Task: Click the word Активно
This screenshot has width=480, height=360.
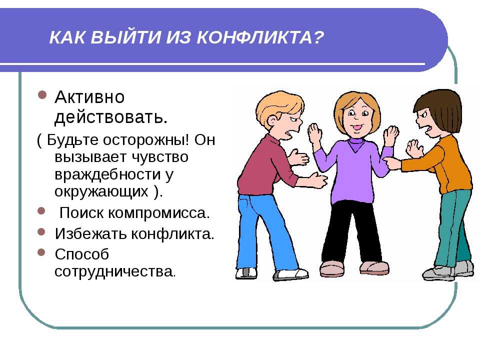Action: pyautogui.click(x=89, y=97)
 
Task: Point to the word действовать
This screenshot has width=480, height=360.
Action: pyautogui.click(x=111, y=117)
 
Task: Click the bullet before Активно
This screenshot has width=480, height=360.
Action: pyautogui.click(x=42, y=94)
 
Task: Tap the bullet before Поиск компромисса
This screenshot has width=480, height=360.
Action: pyautogui.click(x=41, y=211)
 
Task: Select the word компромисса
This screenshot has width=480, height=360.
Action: pyautogui.click(x=159, y=213)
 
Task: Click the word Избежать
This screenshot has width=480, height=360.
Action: pyautogui.click(x=90, y=233)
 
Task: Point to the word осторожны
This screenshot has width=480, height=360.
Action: pyautogui.click(x=146, y=140)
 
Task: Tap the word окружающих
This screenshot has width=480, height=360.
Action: pyautogui.click(x=101, y=192)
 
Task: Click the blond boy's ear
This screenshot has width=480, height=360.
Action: pyautogui.click(x=272, y=123)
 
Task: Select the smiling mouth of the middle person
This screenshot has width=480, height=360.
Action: pyautogui.click(x=357, y=127)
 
